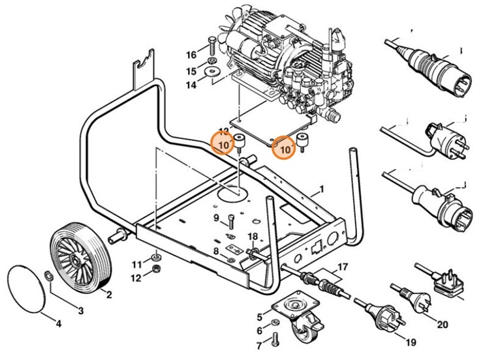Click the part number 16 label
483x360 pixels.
click(x=191, y=54)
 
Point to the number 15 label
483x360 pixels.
click(x=191, y=71)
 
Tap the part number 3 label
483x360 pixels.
click(x=80, y=310)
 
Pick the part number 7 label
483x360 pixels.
click(x=258, y=344)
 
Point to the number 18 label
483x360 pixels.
click(x=253, y=236)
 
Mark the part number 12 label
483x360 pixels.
click(x=136, y=278)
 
